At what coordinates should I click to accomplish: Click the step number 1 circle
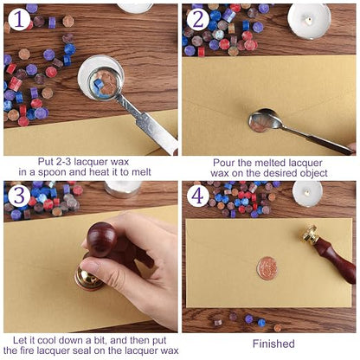pyautogui.click(x=19, y=19)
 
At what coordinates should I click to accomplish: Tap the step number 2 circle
pyautogui.click(x=198, y=19)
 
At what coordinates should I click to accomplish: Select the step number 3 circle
pyautogui.click(x=19, y=196)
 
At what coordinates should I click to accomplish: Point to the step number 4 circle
pyautogui.click(x=198, y=196)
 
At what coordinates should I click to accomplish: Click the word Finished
pyautogui.click(x=273, y=344)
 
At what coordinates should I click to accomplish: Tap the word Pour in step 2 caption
pyautogui.click(x=223, y=163)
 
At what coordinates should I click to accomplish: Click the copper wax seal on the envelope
pyautogui.click(x=267, y=268)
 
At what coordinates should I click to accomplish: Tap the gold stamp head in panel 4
pyautogui.click(x=309, y=235)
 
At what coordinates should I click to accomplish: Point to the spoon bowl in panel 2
pyautogui.click(x=261, y=120)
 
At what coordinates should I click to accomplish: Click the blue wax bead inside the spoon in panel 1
pyautogui.click(x=99, y=84)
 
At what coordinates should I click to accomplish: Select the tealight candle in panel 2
pyautogui.click(x=309, y=22)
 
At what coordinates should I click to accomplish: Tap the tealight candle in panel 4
pyautogui.click(x=307, y=194)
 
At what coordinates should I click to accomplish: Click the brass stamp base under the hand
pyautogui.click(x=88, y=279)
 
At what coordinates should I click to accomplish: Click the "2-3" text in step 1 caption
pyautogui.click(x=62, y=162)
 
